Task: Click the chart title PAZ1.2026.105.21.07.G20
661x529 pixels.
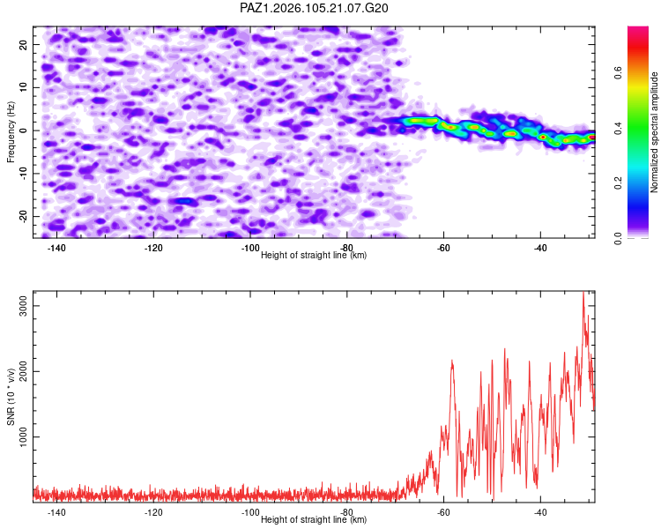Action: pos(314,8)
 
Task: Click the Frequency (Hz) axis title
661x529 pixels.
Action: pos(11,132)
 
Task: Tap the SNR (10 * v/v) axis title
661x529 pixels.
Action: pos(11,397)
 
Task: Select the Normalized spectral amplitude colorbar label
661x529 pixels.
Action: pos(654,132)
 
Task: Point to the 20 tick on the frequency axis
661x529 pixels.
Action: pos(24,44)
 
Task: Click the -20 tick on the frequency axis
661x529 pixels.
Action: pos(24,216)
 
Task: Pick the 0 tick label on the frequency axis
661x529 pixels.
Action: pos(24,130)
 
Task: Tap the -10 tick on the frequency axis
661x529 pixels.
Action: pos(24,173)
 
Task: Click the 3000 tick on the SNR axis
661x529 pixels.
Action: pos(24,305)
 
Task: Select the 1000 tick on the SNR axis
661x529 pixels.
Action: pos(24,436)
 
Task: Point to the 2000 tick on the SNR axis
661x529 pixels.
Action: pos(24,371)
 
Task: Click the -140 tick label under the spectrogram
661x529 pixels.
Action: pos(56,248)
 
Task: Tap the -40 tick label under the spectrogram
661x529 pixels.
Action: pos(540,248)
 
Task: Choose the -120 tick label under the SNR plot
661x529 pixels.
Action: pos(153,512)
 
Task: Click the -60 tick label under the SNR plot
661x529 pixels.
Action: pos(443,512)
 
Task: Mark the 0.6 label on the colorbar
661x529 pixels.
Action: pos(618,72)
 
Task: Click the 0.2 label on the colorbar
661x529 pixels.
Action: pos(618,183)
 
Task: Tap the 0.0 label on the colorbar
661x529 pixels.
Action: pos(618,238)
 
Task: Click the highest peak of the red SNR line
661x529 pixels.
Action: pos(583,292)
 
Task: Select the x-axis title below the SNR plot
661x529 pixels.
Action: pos(314,519)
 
